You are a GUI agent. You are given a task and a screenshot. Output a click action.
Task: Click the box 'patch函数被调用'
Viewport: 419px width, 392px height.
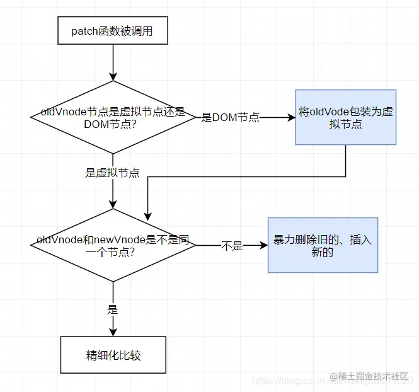(113, 31)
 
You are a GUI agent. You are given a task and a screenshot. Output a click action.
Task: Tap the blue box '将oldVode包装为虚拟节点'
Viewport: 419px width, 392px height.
(347, 118)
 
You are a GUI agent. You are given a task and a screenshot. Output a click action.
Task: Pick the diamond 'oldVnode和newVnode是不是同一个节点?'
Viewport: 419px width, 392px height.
(113, 246)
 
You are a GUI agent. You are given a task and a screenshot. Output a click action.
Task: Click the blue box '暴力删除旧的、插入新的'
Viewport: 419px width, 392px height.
(323, 245)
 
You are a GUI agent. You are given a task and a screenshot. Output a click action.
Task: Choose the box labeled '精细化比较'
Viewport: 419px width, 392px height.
(113, 355)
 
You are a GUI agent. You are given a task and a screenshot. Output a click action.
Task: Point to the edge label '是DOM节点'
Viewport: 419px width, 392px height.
(230, 118)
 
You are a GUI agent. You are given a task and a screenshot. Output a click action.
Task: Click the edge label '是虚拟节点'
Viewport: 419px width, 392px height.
(112, 173)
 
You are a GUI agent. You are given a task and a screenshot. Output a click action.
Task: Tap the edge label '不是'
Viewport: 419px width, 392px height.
(231, 246)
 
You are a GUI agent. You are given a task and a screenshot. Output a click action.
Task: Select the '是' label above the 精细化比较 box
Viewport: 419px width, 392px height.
(113, 309)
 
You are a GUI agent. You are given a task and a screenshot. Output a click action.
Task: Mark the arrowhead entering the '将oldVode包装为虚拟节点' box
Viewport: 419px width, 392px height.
(292, 118)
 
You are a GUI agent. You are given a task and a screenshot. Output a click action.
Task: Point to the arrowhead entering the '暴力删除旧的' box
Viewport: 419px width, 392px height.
(264, 246)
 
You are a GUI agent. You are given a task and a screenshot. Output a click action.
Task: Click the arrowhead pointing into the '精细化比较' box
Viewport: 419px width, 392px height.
(113, 332)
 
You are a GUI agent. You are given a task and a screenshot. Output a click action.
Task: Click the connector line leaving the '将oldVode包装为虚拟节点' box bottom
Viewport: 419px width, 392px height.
(346, 161)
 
